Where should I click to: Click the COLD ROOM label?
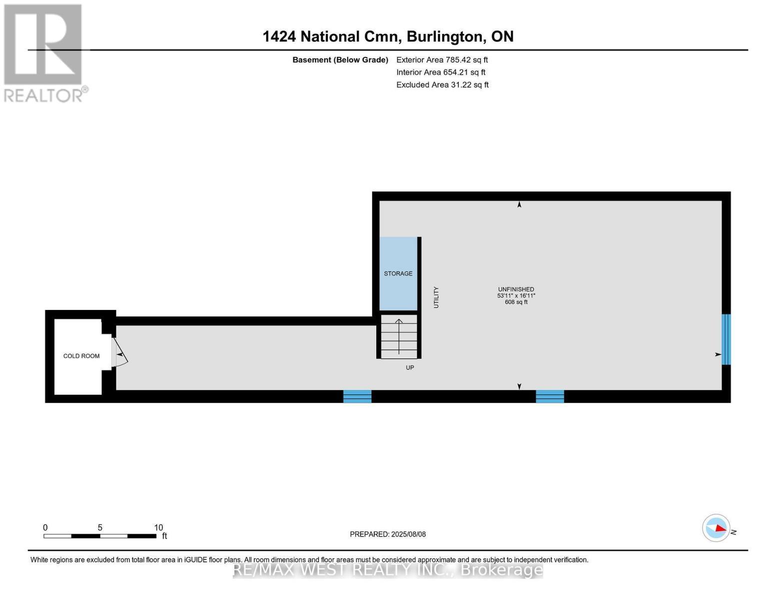pos(81,356)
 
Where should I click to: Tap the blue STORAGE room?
pos(398,273)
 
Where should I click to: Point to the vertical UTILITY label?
pos(436,297)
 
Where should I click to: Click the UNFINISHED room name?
pos(516,290)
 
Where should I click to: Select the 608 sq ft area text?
pos(516,302)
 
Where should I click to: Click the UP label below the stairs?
pos(410,367)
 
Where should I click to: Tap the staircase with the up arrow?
pos(399,336)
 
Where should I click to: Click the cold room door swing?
pos(119,352)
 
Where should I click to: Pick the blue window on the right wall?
pos(726,339)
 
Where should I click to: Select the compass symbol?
pos(716,528)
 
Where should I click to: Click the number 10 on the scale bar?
pos(158,527)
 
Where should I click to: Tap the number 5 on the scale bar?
pos(100,527)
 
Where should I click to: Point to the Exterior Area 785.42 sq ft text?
pos(442,60)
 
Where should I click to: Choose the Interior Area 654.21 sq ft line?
pos(441,72)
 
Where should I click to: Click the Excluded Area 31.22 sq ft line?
pos(442,85)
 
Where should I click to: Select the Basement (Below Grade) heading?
pos(340,60)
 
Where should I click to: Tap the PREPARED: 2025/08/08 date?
pos(387,534)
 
